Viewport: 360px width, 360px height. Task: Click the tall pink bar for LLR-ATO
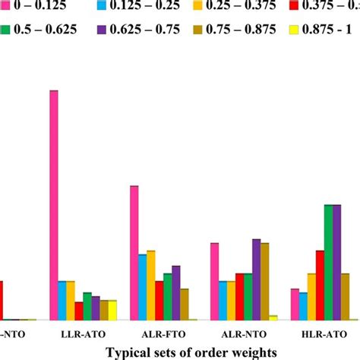point(54,205)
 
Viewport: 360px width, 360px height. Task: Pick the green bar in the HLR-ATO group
point(328,262)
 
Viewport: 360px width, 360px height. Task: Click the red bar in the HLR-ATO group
point(320,285)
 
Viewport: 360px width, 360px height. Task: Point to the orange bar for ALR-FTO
point(151,285)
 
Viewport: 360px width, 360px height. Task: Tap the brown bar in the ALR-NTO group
point(264,281)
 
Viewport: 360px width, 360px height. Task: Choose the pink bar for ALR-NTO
point(215,281)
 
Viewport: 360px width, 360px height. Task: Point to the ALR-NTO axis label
point(239,334)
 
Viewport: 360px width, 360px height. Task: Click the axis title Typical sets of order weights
point(191,352)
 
